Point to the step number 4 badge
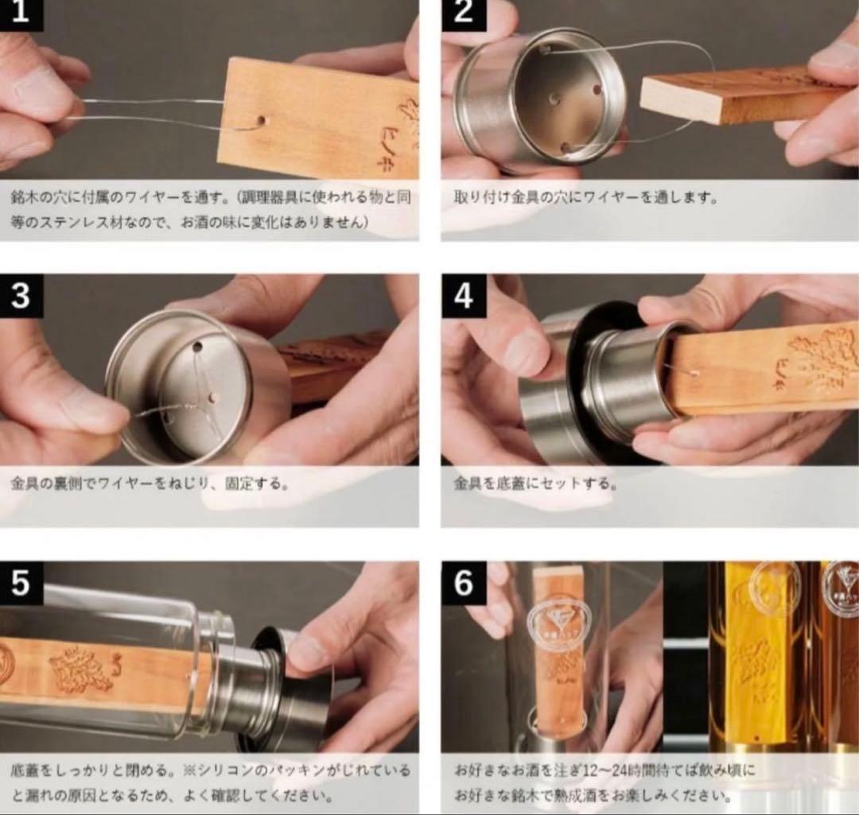(x=462, y=296)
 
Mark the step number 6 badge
(x=462, y=583)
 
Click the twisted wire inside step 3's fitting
(x=191, y=398)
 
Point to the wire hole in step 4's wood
(x=694, y=372)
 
